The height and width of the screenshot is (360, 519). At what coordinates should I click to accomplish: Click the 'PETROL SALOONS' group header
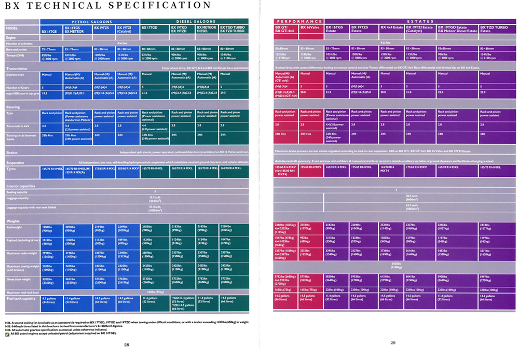[x=90, y=21]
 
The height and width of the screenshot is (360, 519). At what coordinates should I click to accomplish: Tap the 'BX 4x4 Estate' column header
[x=391, y=27]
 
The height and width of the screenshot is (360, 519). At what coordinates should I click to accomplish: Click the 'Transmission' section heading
[x=17, y=68]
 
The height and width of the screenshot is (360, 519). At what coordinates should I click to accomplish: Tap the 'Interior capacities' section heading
[x=20, y=186]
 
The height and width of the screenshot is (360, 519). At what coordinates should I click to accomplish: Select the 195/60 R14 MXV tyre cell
[x=311, y=168]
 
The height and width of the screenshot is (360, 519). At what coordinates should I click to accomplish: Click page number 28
[x=126, y=344]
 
